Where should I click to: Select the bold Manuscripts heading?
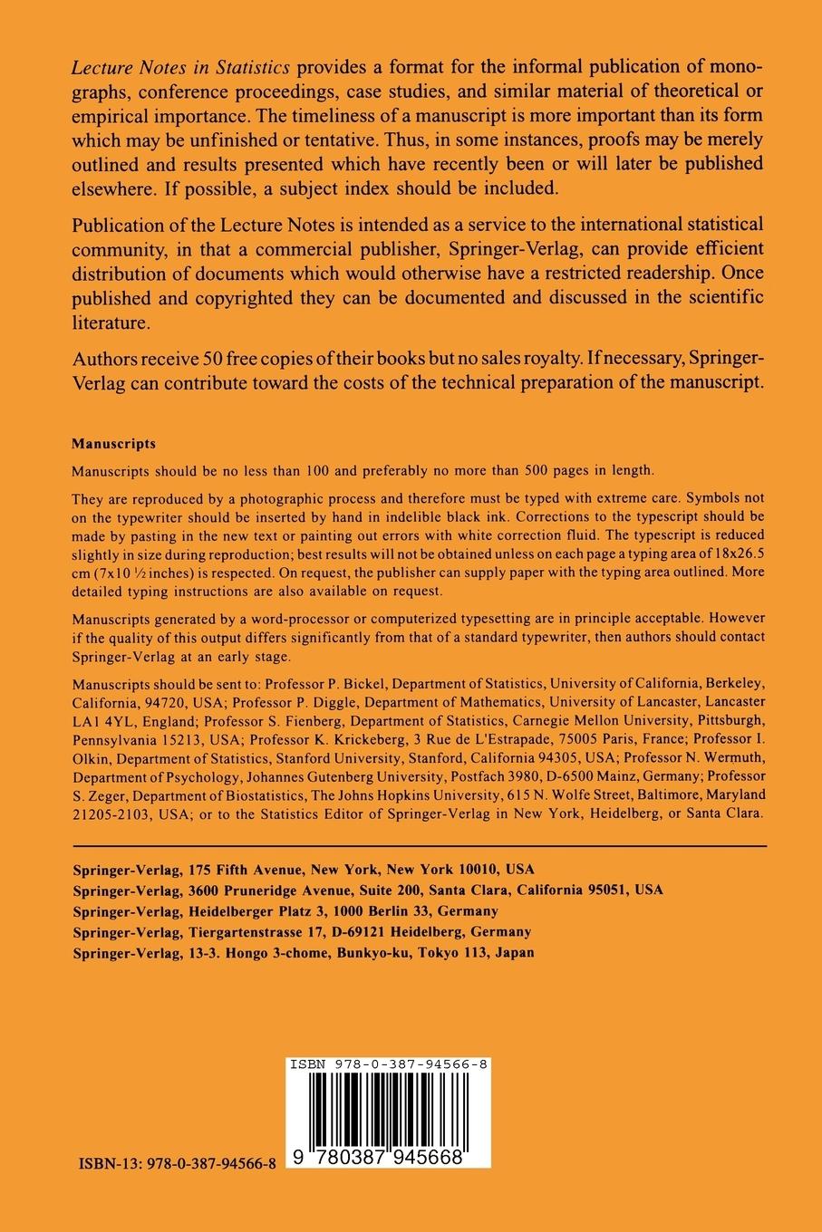click(x=113, y=444)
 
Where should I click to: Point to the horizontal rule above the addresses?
click(x=419, y=846)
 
